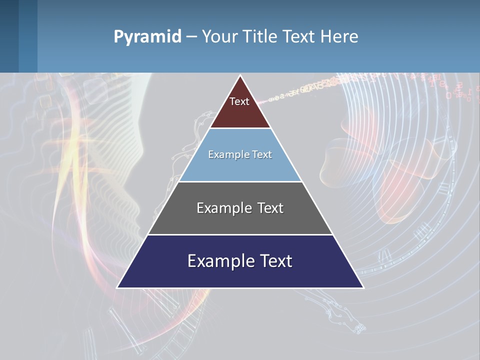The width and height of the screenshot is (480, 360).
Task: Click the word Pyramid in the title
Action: tap(147, 37)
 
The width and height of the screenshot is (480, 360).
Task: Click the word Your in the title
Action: tap(218, 37)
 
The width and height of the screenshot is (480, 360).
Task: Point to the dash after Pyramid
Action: tap(191, 37)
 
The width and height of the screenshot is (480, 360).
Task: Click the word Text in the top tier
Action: tap(239, 101)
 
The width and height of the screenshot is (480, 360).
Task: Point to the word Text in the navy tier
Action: tap(276, 261)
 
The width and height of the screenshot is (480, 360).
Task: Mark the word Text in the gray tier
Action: tap(270, 208)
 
